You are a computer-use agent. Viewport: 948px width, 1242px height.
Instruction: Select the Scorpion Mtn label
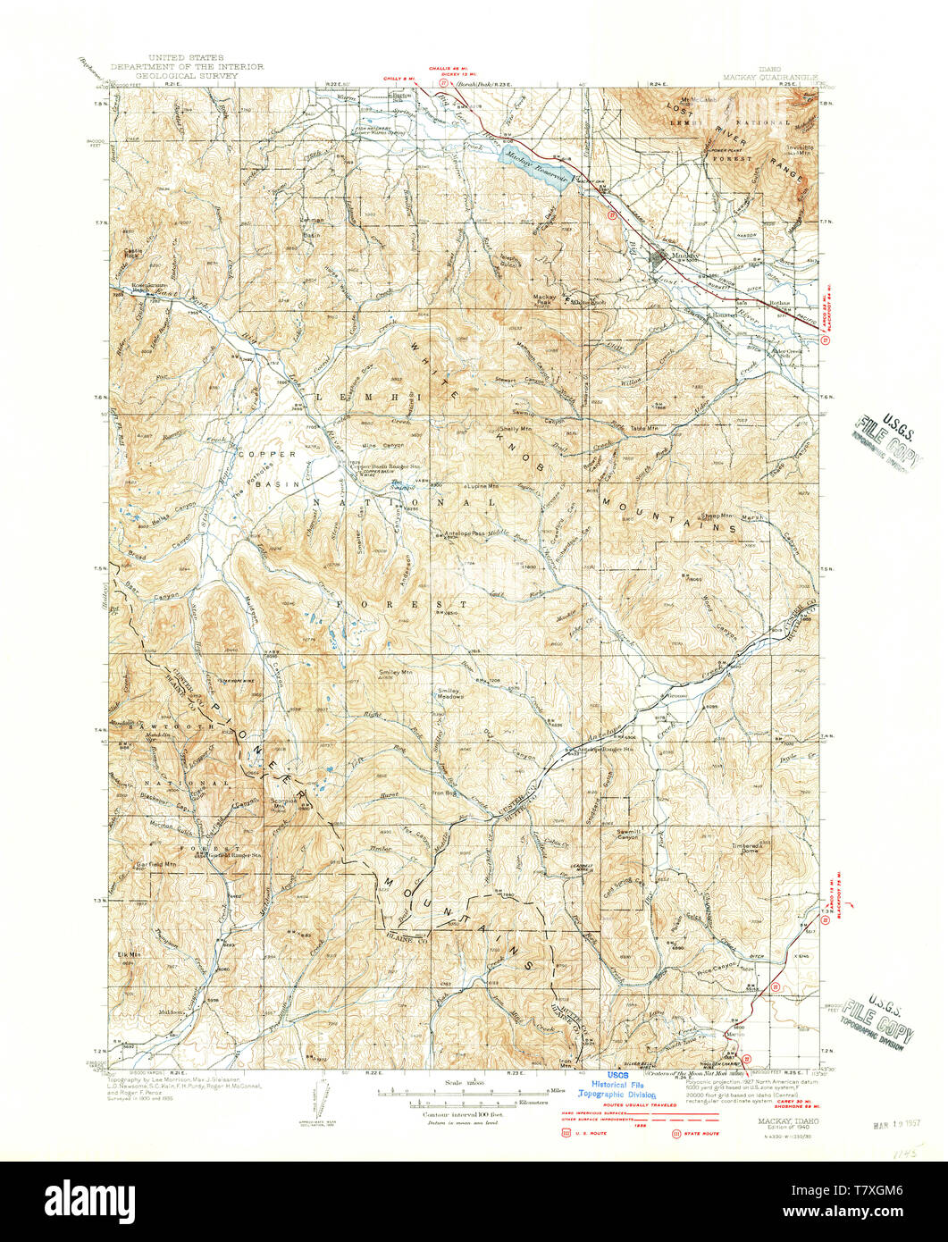coord(283,803)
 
